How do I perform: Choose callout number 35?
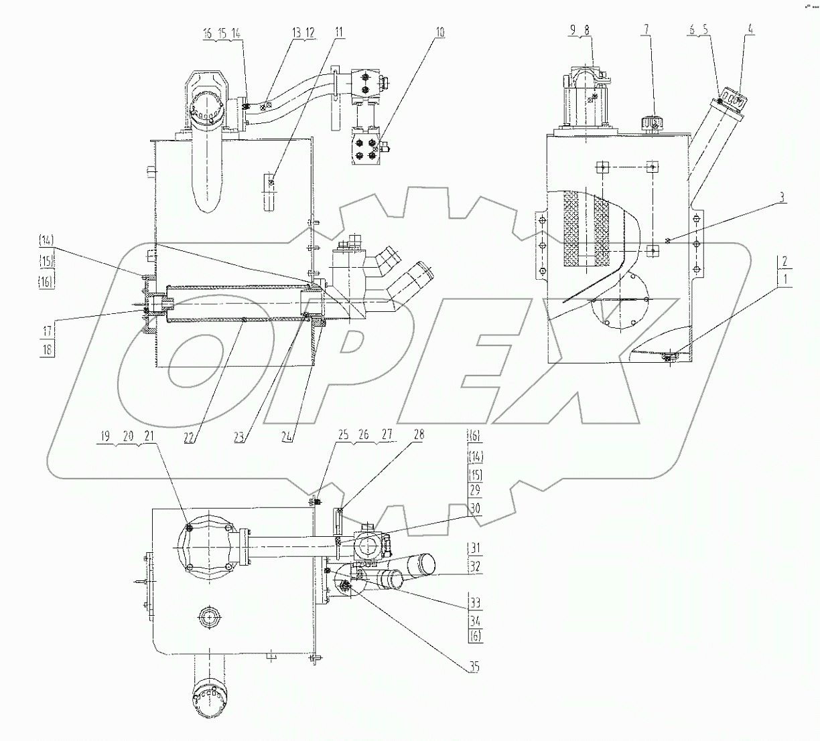[x=474, y=667]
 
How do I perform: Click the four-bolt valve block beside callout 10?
[x=365, y=148]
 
